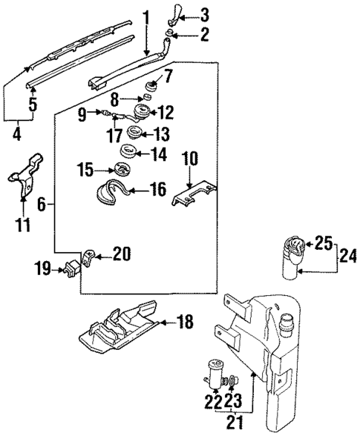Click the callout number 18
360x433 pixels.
pyautogui.click(x=186, y=321)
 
